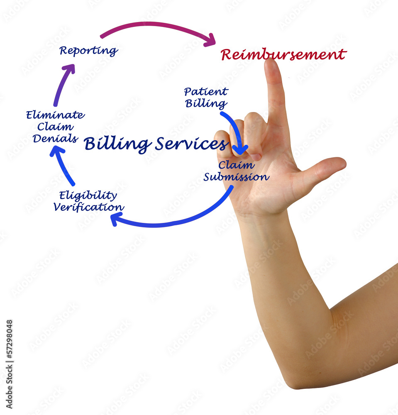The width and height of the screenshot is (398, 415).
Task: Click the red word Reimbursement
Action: pos(283,54)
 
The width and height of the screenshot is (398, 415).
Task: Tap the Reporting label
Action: pos(88,51)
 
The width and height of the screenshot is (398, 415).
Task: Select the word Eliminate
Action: pos(55,115)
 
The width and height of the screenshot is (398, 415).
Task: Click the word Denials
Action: pos(55,138)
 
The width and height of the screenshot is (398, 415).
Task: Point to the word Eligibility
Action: pos(88,195)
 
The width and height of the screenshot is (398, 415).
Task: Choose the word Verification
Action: pos(89,207)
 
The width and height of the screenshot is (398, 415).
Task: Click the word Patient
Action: pos(206,92)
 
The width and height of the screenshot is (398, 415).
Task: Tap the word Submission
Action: pos(236,177)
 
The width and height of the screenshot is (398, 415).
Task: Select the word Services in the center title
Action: pos(192,144)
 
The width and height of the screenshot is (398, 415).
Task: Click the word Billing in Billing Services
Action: pos(117,144)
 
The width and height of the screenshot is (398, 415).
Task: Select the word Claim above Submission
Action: pos(236,165)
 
